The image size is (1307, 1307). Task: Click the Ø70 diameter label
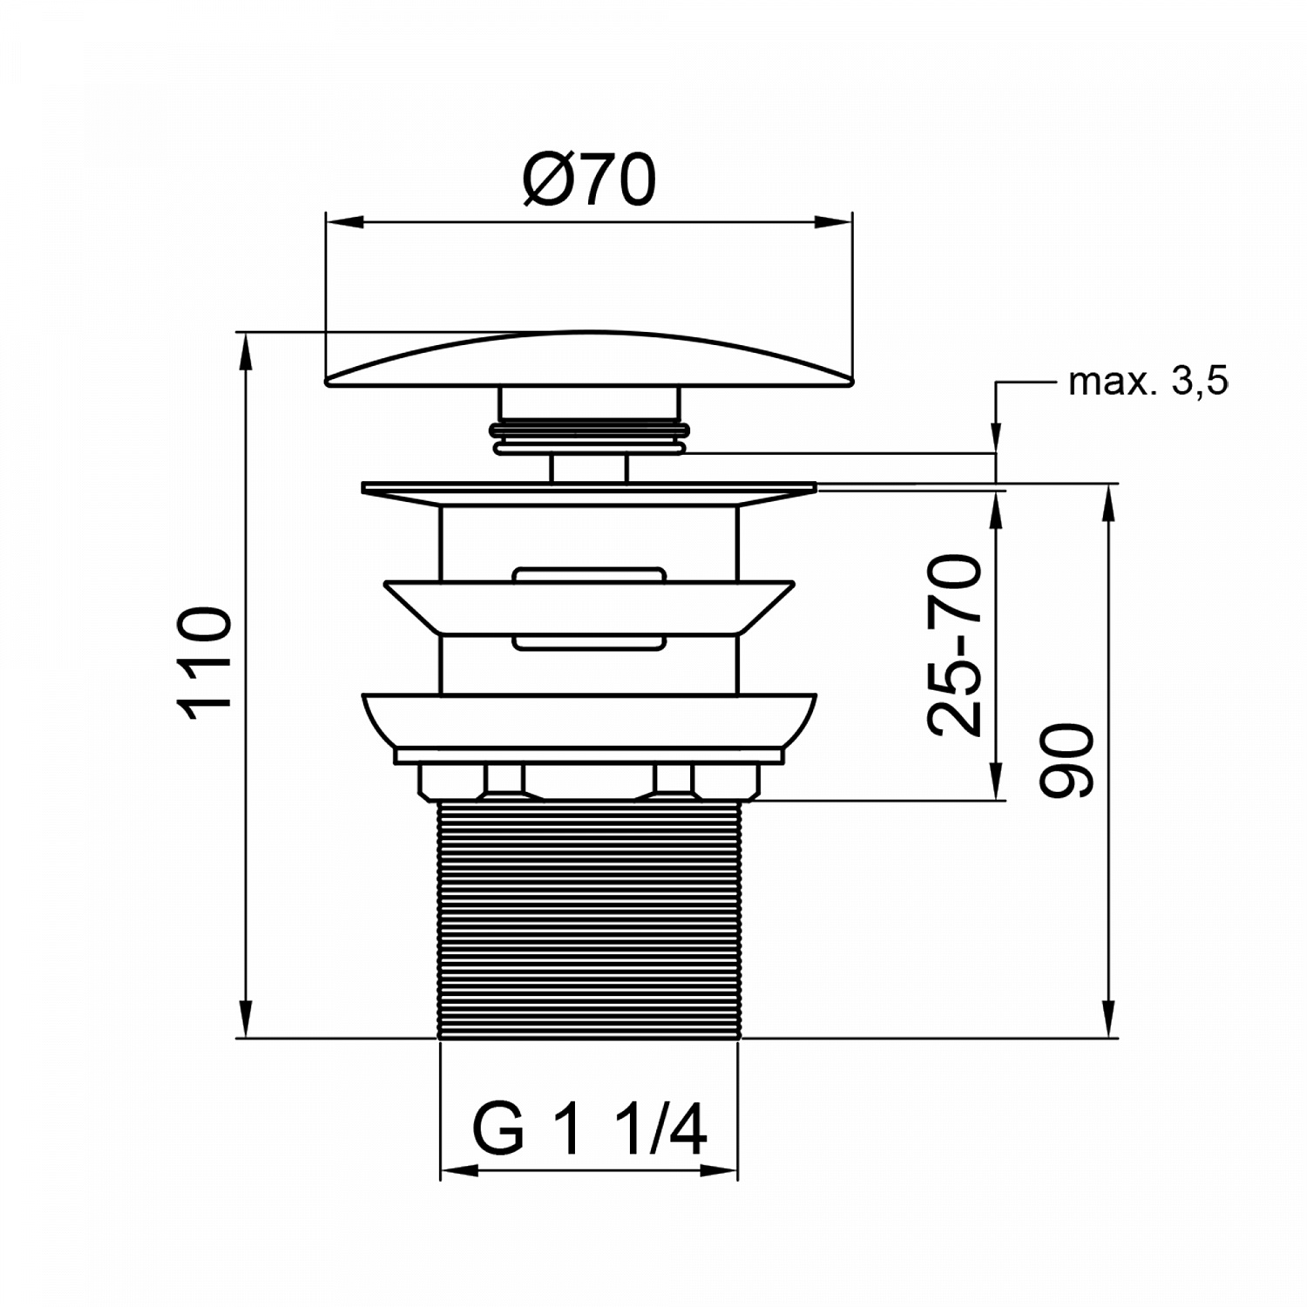click(x=588, y=181)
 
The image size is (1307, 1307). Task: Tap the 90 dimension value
click(x=1067, y=760)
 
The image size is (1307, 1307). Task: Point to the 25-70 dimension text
click(x=954, y=645)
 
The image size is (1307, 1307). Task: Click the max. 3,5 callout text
click(x=1148, y=382)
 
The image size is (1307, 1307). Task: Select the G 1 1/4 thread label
click(x=589, y=1131)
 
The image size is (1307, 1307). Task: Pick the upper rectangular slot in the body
click(x=589, y=575)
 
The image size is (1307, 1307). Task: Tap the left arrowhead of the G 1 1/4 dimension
click(x=458, y=1172)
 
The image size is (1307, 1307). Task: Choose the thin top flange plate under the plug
click(x=589, y=488)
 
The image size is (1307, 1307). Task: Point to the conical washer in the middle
click(x=589, y=606)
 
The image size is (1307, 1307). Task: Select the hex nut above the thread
click(x=589, y=781)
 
